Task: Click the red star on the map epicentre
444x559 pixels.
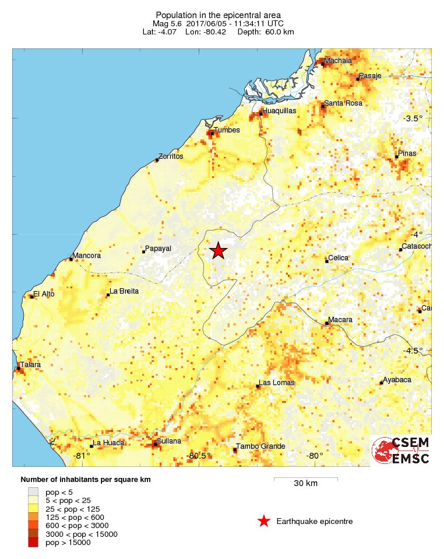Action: [x=218, y=250]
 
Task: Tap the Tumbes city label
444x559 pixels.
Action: [x=227, y=130]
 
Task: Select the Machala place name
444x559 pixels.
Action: [x=338, y=60]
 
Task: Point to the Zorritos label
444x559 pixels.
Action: [x=171, y=156]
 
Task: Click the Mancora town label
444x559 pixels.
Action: [x=87, y=256]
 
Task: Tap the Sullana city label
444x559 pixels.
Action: [x=169, y=441]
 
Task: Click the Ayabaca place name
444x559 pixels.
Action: [x=398, y=380]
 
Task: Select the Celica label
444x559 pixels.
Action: [x=338, y=257]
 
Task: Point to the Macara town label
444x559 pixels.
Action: [x=340, y=320]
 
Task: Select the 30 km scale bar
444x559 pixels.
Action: [x=305, y=479]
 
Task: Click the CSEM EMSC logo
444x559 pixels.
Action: [x=401, y=450]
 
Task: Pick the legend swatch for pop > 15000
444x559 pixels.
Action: [x=33, y=543]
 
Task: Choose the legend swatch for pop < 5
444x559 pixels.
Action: [x=33, y=492]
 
